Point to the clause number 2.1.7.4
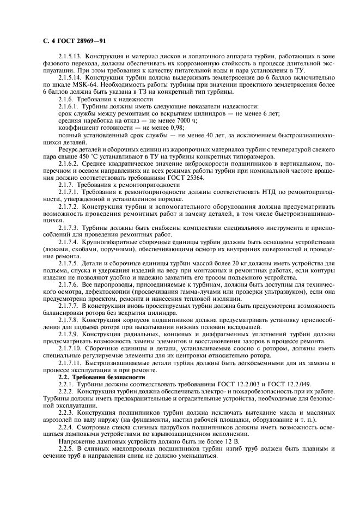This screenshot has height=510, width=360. [69, 241]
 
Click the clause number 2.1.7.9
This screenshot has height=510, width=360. [69, 332]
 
